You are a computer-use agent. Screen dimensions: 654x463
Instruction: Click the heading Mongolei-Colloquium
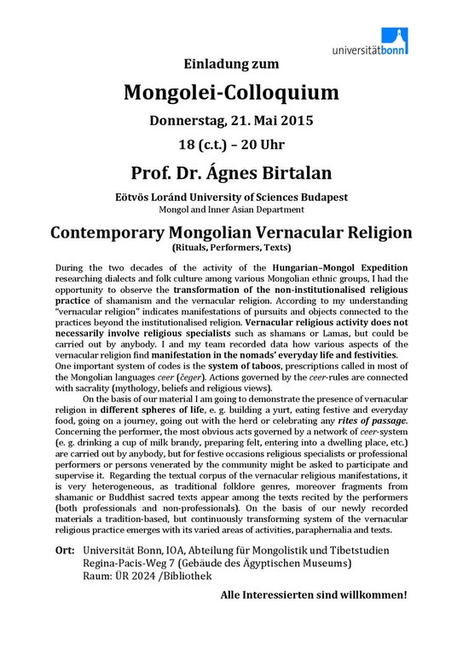(x=231, y=91)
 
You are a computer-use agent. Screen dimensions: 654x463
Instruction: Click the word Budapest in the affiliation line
(x=317, y=196)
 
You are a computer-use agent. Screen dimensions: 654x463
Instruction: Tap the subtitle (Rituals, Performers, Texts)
(x=231, y=248)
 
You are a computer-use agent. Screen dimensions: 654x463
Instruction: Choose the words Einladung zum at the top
(x=231, y=63)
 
